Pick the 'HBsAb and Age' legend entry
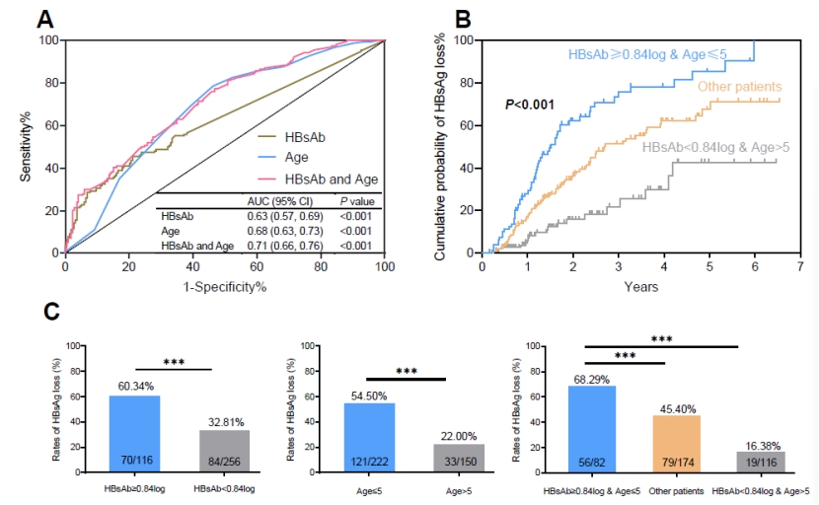pyautogui.click(x=331, y=178)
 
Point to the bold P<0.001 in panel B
pyautogui.click(x=530, y=104)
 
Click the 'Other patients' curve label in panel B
pyautogui.click(x=739, y=87)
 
